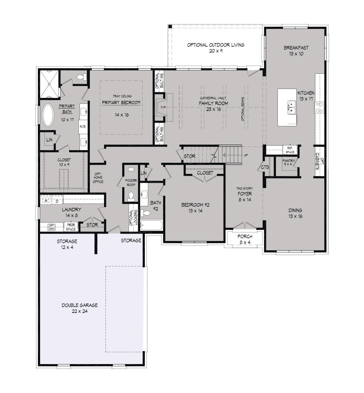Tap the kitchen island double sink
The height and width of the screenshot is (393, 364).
click(292, 107)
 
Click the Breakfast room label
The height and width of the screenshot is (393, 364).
click(296, 51)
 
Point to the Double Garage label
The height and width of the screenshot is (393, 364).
click(79, 308)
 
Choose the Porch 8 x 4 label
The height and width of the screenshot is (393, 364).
click(245, 240)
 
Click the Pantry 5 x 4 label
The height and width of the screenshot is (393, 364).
click(289, 162)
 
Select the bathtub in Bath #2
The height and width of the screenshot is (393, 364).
click(152, 225)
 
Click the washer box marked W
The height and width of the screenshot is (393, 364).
click(46, 201)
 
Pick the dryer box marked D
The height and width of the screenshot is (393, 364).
click(57, 201)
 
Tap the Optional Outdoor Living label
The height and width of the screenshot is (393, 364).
click(216, 48)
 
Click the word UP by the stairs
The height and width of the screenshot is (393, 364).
click(246, 155)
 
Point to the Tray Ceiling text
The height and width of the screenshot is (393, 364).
click(122, 96)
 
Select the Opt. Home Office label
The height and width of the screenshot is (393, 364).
click(98, 178)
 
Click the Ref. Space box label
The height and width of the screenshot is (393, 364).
click(290, 150)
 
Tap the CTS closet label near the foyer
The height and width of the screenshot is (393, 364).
click(265, 167)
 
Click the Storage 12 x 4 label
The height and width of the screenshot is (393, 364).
click(67, 244)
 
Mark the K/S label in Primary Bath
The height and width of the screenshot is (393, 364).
click(82, 126)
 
